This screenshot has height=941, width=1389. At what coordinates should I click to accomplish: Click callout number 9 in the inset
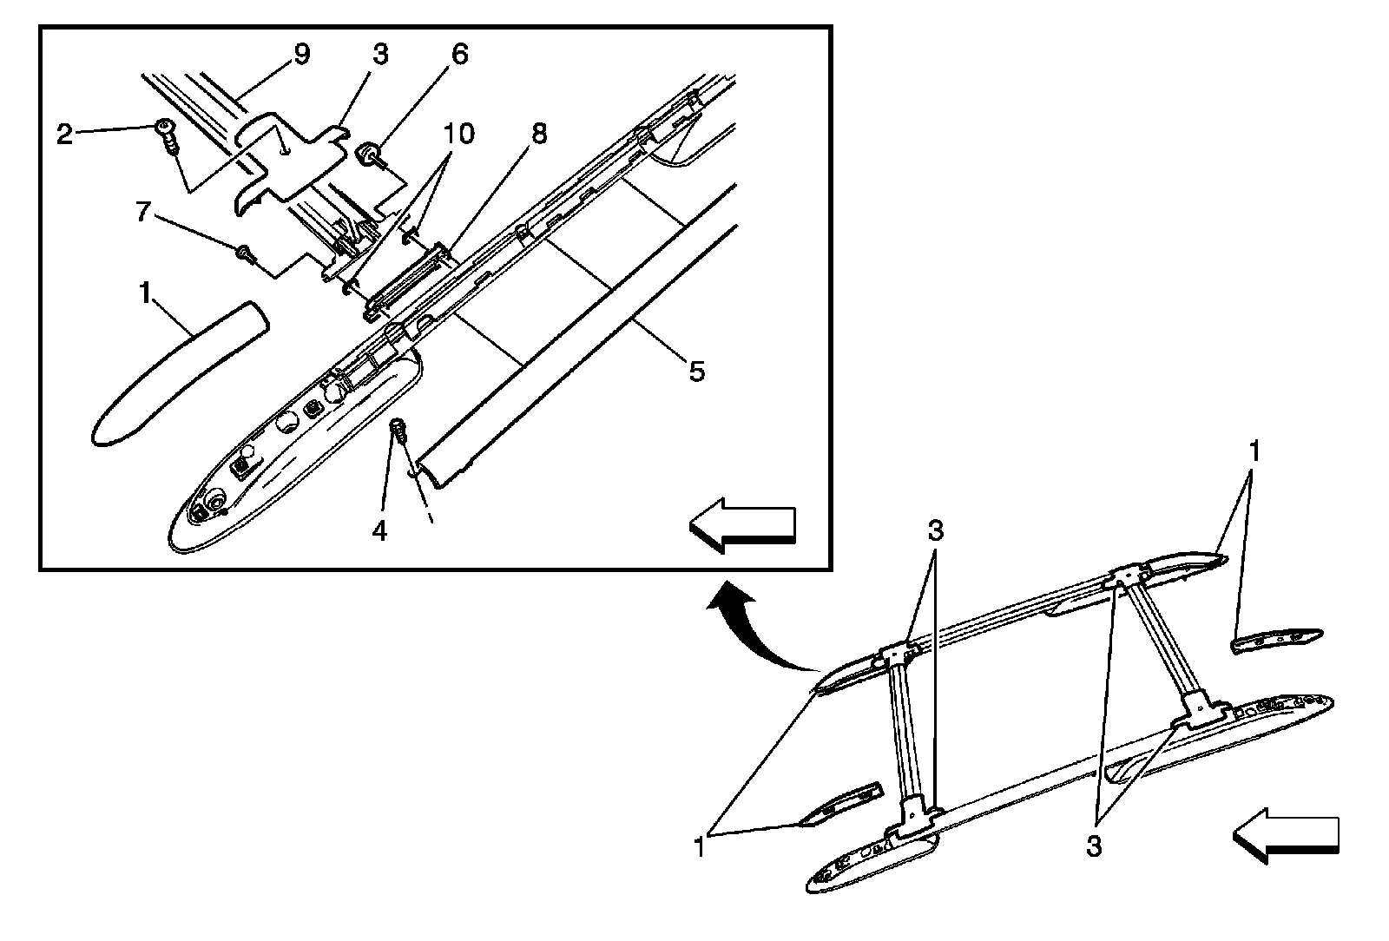[x=300, y=54]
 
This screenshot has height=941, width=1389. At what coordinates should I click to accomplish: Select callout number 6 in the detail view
[x=459, y=54]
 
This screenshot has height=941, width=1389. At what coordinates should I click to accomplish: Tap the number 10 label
[x=460, y=134]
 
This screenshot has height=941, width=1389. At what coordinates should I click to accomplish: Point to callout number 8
[x=539, y=134]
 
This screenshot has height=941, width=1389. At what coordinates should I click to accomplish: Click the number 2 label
[x=64, y=134]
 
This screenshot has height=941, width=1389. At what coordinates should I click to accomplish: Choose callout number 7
[x=144, y=211]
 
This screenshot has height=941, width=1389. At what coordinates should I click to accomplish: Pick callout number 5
[x=697, y=372]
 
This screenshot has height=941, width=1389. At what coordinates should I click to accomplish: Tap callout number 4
[x=379, y=530]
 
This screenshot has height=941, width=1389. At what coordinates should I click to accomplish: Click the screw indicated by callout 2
[x=166, y=135]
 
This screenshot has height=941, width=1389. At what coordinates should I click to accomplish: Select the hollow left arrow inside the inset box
[x=742, y=526]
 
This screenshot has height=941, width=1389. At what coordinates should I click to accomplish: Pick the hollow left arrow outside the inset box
[x=1286, y=835]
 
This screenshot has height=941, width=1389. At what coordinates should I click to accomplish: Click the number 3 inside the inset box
[x=380, y=54]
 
